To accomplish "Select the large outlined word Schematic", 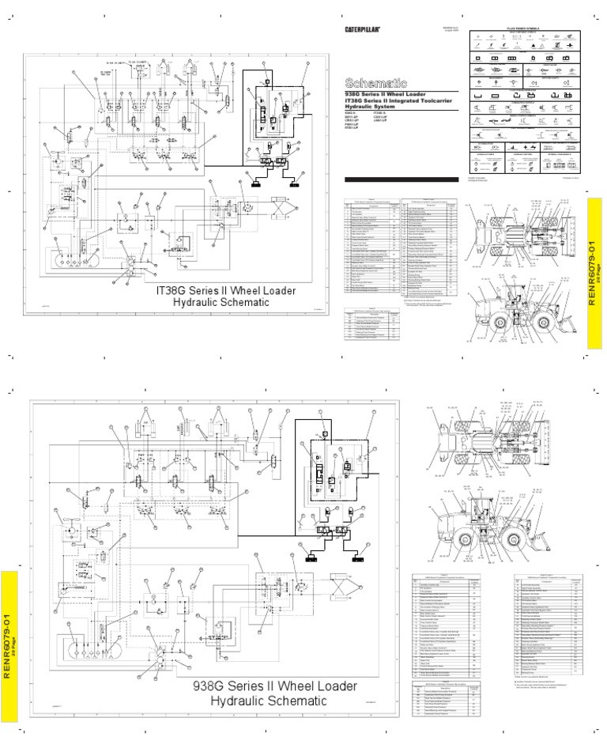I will (x=376, y=83).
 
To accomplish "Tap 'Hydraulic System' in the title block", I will (x=371, y=110).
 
